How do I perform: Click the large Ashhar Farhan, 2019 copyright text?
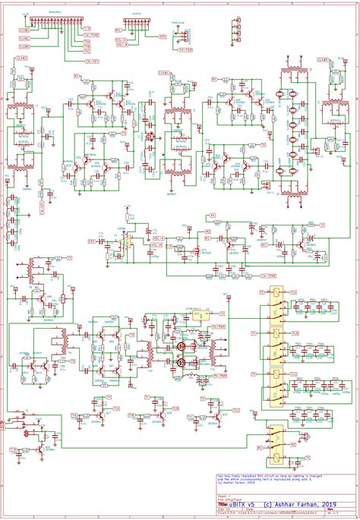(x=300, y=503)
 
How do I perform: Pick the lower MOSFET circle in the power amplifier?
(x=183, y=364)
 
